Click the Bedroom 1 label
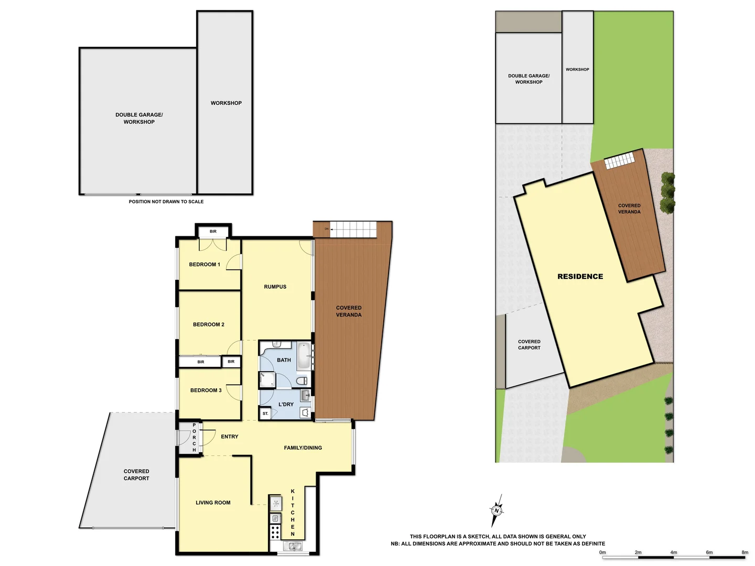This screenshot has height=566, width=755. [204, 265]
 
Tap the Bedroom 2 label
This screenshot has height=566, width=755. [208, 324]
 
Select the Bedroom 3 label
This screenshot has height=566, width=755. [206, 390]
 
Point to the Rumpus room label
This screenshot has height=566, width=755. [275, 287]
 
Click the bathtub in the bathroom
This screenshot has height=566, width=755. [304, 356]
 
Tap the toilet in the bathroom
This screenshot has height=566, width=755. [301, 380]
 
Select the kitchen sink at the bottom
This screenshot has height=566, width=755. [293, 546]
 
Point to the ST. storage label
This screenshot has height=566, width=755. [265, 413]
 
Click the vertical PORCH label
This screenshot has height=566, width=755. [194, 438]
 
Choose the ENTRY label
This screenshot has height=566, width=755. [230, 437]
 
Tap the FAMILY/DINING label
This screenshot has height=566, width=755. [303, 448]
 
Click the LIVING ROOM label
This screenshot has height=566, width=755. [213, 503]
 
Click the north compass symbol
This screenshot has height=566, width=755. [497, 510]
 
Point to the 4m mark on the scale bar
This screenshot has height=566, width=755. [674, 552]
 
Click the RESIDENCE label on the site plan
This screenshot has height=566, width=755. [580, 276]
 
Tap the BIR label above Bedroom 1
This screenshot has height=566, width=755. [213, 231]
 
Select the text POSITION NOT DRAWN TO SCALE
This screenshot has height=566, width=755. [166, 201]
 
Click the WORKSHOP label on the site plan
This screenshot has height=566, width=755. [577, 69]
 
